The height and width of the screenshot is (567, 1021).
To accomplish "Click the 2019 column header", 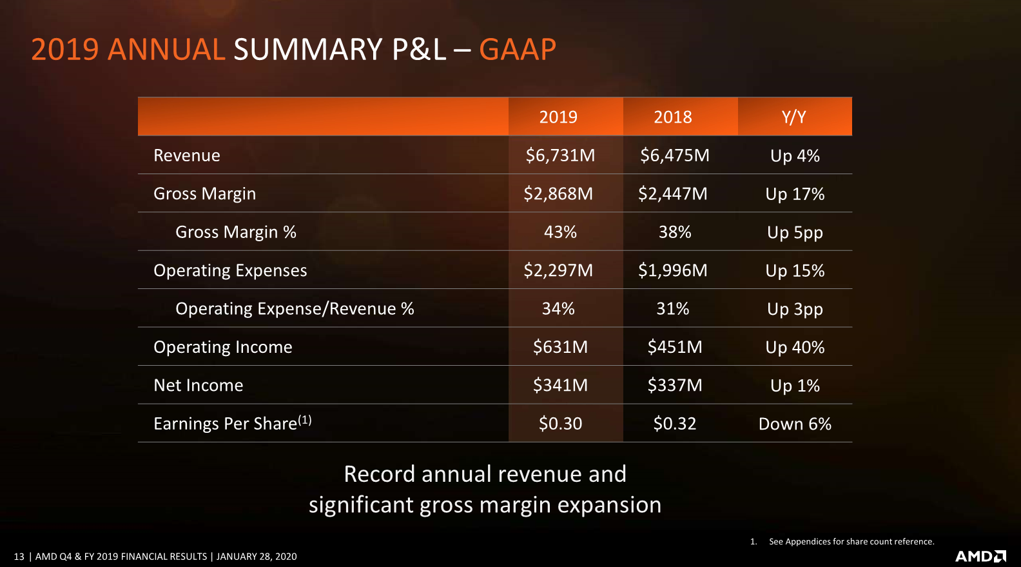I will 558,117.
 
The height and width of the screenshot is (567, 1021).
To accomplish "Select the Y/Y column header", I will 794,117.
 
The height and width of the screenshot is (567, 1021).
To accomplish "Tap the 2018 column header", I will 673,117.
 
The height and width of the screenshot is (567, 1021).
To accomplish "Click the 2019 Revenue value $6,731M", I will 560,155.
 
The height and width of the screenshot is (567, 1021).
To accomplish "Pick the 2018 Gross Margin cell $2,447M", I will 673,194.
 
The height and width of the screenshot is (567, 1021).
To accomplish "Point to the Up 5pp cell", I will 795,232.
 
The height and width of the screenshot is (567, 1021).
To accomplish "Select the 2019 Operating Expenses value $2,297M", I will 558,270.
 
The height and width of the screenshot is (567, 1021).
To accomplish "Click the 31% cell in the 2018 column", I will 673,309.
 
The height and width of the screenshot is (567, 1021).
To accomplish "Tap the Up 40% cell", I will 795,347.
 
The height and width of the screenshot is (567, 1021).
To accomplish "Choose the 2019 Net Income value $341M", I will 560,385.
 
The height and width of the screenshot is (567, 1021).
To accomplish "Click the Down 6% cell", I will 795,424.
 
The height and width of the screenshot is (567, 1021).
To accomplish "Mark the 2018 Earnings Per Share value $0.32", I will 675,424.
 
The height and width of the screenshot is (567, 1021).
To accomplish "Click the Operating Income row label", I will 223,347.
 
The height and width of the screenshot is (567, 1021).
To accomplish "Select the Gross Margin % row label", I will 236,232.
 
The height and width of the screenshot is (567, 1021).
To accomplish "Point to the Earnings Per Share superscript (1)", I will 305,420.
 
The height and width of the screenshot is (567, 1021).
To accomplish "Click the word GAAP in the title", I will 517,50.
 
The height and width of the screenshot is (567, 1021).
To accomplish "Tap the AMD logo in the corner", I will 980,556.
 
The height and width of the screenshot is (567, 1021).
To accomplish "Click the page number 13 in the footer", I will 19,557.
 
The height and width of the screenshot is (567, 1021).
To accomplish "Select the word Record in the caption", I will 379,474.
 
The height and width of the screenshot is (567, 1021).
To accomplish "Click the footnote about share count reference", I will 851,542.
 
